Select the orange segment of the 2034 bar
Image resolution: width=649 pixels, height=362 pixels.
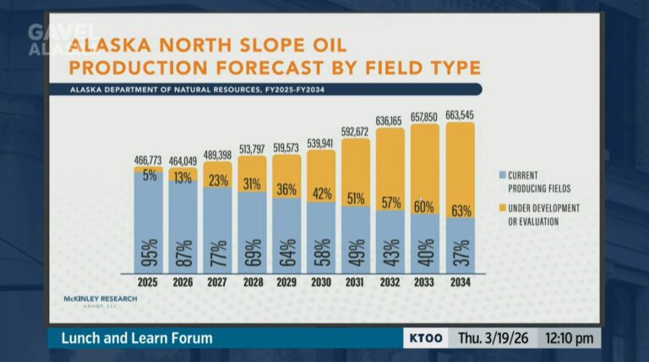click(x=460, y=169)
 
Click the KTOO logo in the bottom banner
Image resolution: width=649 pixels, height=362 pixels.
click(x=425, y=338)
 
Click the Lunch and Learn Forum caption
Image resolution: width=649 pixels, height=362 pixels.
click(x=136, y=338)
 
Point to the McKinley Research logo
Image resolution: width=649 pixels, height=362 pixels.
click(x=100, y=301)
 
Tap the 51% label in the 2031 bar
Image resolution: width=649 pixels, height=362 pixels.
click(x=356, y=200)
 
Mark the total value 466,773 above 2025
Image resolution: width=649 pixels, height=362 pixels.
click(x=148, y=159)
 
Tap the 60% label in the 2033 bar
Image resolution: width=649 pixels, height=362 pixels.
click(x=425, y=206)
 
